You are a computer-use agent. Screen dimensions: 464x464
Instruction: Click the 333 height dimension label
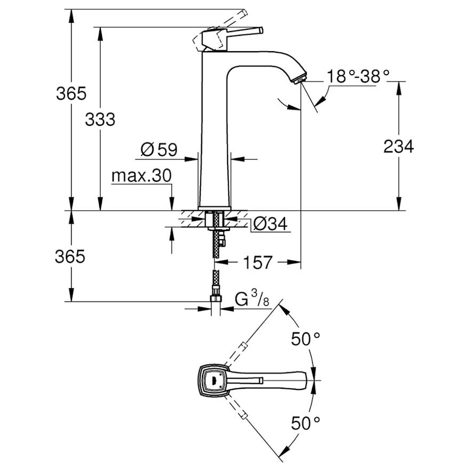[100, 119]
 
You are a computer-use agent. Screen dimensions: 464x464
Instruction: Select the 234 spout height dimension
[398, 146]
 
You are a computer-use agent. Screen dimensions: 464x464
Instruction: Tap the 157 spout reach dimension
[257, 262]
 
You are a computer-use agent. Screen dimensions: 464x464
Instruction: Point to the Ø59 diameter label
[159, 149]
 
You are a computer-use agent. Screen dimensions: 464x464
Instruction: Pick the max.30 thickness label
[141, 176]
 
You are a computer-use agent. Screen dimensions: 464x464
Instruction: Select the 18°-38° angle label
[358, 76]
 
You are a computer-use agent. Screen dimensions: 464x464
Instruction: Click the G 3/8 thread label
[252, 298]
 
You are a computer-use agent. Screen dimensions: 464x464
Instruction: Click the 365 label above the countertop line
[71, 93]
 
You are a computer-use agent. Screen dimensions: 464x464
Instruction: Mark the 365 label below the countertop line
[70, 256]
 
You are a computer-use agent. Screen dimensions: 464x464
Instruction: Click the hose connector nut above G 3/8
[215, 298]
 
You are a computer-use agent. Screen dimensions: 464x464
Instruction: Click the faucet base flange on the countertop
[214, 209]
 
